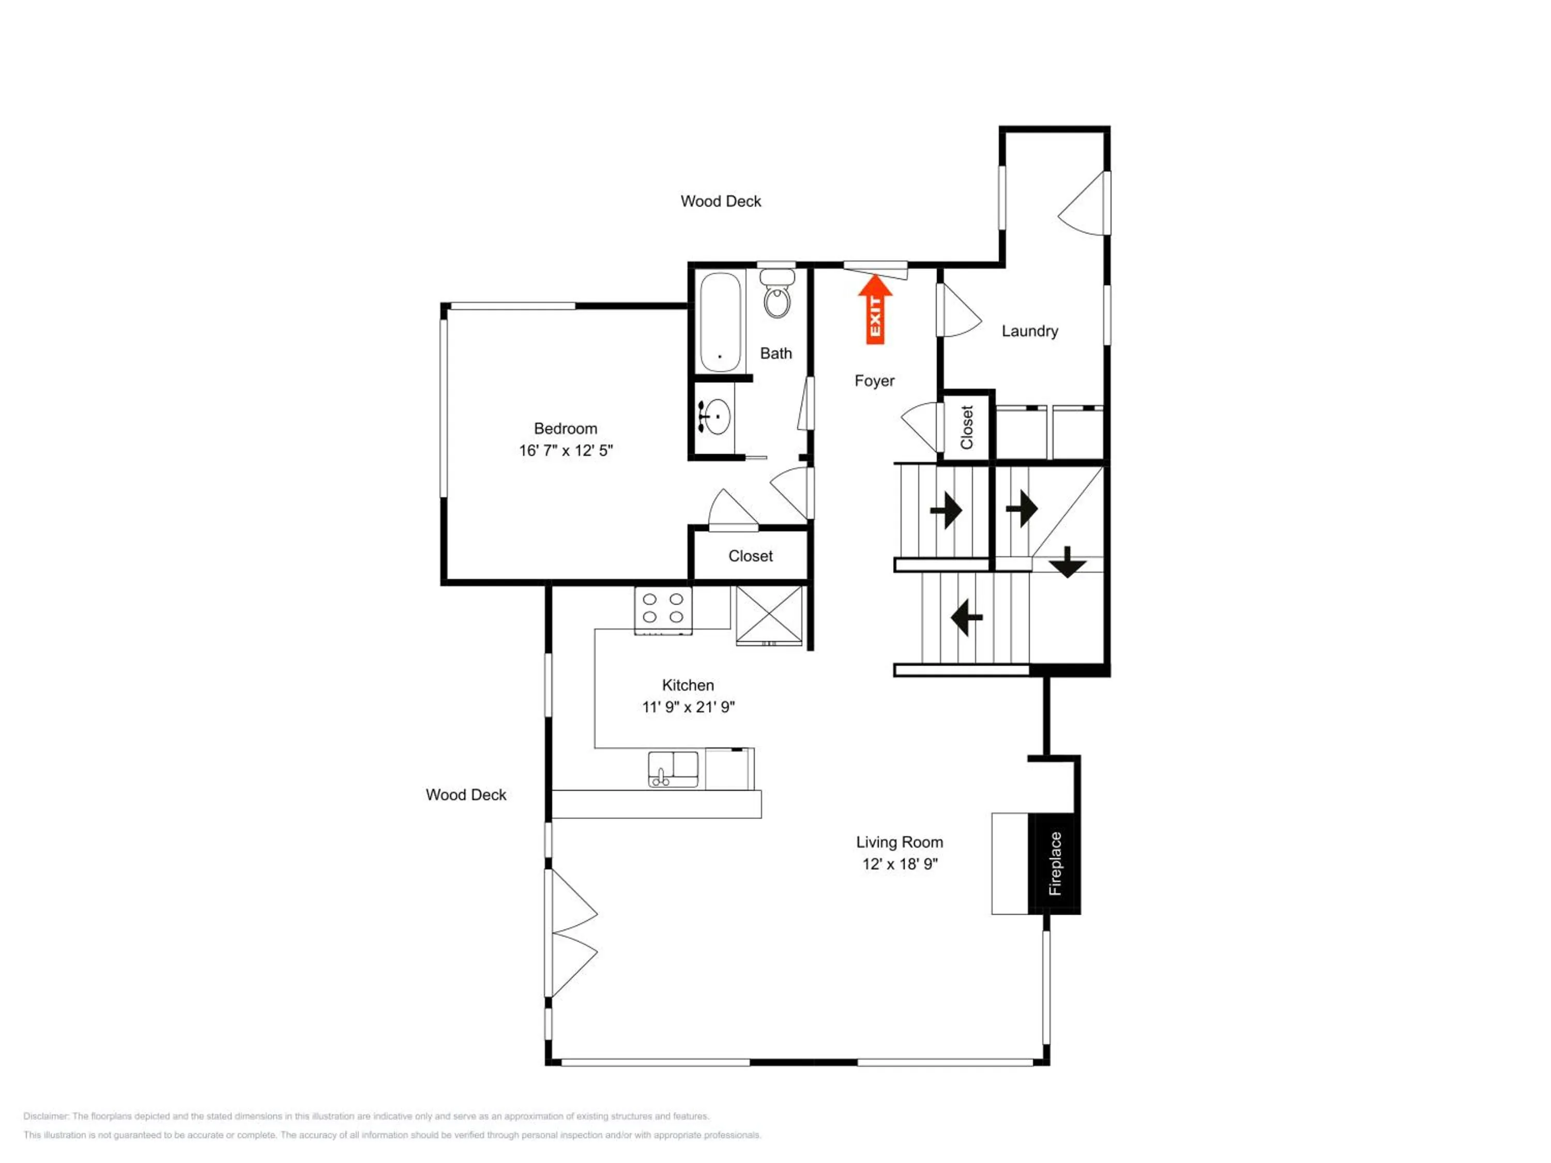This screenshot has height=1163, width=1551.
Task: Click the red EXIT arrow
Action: pos(875,309)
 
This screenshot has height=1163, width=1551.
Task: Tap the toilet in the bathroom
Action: pos(777,293)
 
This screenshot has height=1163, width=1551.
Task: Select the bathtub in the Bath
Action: pos(720,322)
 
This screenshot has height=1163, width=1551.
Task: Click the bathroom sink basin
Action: pos(717,417)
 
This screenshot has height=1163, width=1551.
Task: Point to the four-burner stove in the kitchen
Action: pos(663,610)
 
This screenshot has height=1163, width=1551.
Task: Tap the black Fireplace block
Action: pos(1054,864)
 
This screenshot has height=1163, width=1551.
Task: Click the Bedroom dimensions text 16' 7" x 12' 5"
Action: pos(566,451)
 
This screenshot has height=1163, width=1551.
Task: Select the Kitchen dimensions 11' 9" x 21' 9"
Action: pos(689,707)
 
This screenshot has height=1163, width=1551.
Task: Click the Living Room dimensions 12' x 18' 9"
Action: pos(900,864)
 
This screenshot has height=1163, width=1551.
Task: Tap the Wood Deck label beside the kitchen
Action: pos(466,794)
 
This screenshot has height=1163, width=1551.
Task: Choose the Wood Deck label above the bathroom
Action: pos(721,201)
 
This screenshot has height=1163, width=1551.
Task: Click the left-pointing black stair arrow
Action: pos(966,618)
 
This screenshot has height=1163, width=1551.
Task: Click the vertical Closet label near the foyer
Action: pos(967,427)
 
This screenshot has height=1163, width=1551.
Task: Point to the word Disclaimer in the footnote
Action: pos(47,1116)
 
